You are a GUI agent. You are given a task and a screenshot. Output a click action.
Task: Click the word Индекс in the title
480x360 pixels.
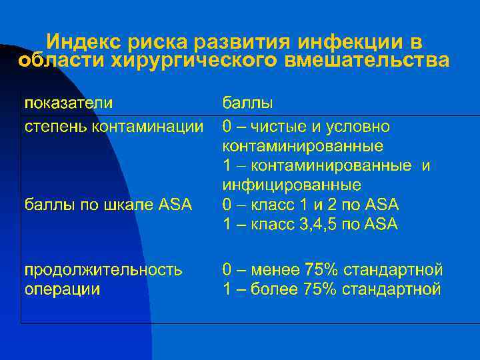pyautogui.click(x=79, y=42)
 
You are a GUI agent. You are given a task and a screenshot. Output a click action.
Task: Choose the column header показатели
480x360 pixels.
pyautogui.click(x=68, y=104)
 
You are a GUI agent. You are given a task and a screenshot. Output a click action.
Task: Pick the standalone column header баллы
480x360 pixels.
pyautogui.click(x=247, y=104)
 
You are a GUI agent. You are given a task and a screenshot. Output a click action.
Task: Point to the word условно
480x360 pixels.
pyautogui.click(x=363, y=126)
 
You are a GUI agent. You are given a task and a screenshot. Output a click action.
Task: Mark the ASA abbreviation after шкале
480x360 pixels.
pyautogui.click(x=176, y=204)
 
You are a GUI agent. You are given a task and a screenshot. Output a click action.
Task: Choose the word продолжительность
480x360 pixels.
pyautogui.click(x=103, y=270)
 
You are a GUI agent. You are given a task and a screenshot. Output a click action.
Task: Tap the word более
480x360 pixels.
pyautogui.click(x=274, y=289)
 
